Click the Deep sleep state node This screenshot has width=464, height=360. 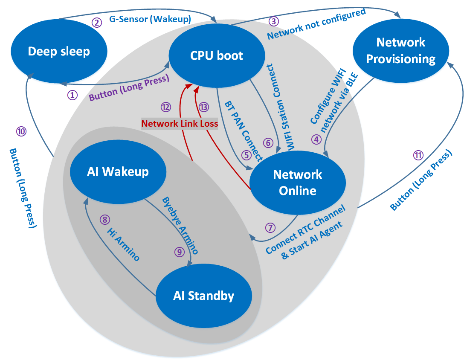(59, 52)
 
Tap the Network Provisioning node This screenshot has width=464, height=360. (401, 50)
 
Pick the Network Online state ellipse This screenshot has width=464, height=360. (297, 182)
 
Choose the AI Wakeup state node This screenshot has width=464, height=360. (118, 171)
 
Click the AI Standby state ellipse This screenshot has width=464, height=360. (203, 296)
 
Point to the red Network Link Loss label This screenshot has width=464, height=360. (180, 124)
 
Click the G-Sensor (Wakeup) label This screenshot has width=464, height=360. (149, 19)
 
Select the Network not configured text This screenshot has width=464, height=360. (316, 24)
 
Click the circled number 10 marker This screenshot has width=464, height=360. (20, 131)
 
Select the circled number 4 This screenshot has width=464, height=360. (316, 139)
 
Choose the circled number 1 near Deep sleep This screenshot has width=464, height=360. (72, 95)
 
